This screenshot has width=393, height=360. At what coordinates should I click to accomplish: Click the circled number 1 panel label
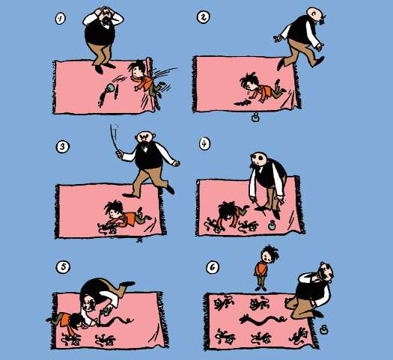tap(60, 19)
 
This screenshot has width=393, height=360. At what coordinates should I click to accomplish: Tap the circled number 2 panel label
tap(203, 17)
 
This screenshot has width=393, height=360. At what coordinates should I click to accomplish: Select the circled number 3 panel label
tap(62, 146)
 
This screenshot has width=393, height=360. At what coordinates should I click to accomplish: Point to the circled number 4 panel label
tap(204, 144)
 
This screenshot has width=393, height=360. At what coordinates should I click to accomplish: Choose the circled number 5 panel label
tap(63, 266)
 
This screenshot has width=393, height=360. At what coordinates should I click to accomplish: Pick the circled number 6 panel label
tap(213, 267)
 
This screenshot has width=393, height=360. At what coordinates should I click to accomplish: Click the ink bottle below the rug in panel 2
tap(255, 118)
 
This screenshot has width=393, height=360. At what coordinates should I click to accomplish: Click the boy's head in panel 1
tap(136, 69)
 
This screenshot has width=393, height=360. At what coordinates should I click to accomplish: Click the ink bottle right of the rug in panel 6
tap(323, 329)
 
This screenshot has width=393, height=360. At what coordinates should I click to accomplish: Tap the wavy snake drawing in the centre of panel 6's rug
tap(263, 320)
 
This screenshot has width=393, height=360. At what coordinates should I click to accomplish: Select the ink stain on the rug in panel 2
tap(243, 103)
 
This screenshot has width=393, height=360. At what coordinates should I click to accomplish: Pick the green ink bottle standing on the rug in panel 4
tap(272, 225)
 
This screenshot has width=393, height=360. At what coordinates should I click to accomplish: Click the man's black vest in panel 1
tap(100, 33)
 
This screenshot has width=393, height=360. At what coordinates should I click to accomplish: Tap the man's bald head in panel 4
tap(258, 159)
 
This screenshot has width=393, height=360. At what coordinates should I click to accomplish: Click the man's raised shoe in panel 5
tap(127, 284)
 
